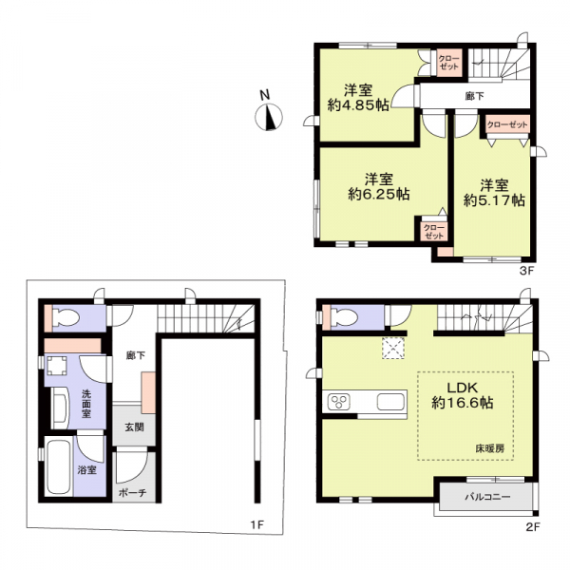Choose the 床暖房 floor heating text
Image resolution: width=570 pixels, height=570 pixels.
490,446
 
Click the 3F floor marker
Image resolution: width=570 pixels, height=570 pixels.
527,269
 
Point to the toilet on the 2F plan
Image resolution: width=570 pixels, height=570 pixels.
337,317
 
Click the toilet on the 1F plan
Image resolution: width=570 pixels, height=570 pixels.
65,317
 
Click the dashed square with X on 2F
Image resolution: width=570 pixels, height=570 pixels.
392,350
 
